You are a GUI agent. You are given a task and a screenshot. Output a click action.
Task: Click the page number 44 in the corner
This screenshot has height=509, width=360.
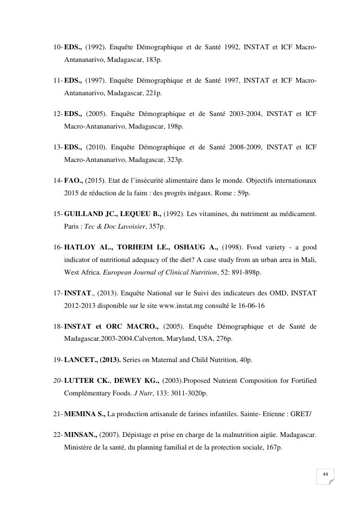coord(326,474)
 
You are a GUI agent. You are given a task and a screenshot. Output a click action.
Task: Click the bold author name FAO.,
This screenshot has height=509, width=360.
coord(74,180)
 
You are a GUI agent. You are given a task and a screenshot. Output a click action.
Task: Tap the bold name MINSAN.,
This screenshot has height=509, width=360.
coord(80,435)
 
